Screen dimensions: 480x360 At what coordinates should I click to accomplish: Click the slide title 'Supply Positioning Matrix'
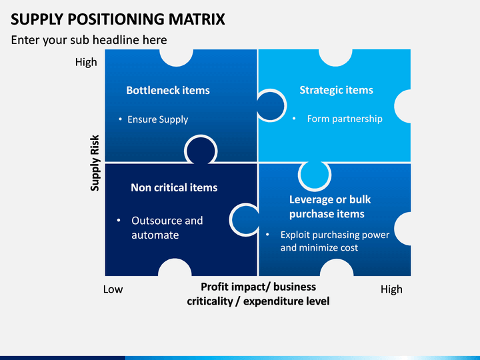click(118, 19)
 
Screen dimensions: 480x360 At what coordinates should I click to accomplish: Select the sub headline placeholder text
click(89, 40)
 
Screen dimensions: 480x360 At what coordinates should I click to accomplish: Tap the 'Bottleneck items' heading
click(168, 90)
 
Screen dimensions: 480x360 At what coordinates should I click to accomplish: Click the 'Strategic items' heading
click(336, 90)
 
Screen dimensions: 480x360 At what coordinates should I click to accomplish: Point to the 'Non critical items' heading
click(174, 187)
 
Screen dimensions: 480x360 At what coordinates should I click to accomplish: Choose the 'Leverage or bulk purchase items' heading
click(330, 207)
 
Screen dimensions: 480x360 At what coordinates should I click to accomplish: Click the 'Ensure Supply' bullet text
click(157, 119)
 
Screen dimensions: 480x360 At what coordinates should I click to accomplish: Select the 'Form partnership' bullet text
click(345, 119)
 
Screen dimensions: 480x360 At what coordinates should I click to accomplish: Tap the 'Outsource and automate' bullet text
click(167, 228)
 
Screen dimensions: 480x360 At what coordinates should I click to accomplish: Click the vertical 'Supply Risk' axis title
click(95, 163)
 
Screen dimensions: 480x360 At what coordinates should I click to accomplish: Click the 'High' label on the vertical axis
click(86, 62)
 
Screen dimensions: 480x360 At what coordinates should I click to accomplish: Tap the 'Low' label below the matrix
click(113, 289)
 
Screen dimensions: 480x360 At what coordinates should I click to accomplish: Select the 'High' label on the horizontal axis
click(391, 289)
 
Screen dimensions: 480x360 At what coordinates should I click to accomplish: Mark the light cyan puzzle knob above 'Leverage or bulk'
click(315, 175)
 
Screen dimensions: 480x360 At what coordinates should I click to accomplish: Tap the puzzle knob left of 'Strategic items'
click(271, 105)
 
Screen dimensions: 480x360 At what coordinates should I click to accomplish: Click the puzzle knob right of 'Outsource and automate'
click(245, 220)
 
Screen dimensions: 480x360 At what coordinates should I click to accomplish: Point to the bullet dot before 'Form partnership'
click(294, 119)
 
